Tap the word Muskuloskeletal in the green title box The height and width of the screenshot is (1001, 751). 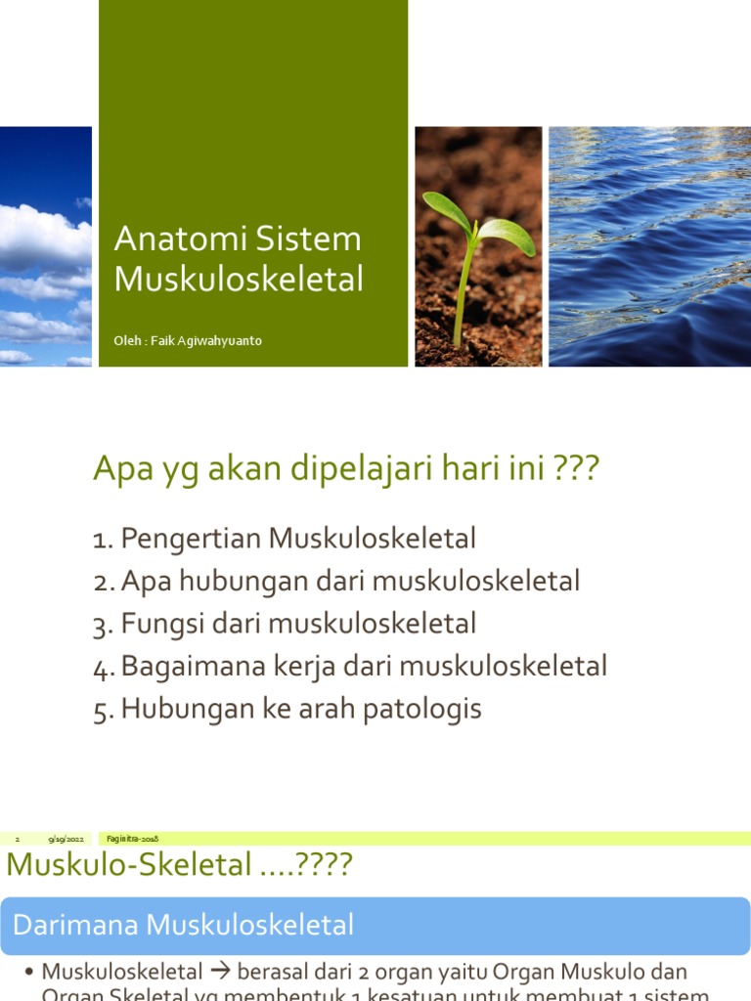click(239, 280)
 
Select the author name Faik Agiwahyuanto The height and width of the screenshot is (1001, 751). click(206, 341)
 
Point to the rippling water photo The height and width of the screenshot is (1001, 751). click(649, 246)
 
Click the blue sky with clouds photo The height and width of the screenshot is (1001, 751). click(45, 246)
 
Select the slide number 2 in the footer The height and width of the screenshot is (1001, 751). click(18, 840)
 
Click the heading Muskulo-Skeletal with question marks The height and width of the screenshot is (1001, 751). click(179, 866)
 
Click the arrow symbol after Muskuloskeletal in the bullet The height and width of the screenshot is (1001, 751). click(219, 973)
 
